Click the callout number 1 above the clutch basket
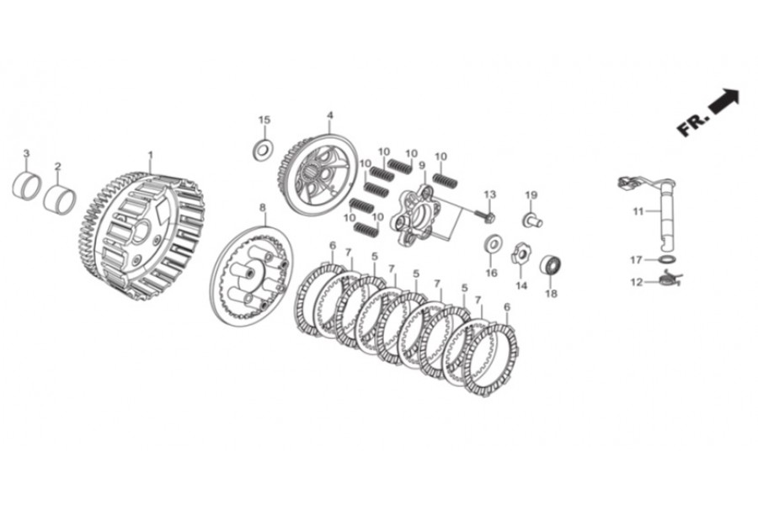coord(151,155)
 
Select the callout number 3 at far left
coord(26,153)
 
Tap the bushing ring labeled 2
coord(60,200)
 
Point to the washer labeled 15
coord(263,150)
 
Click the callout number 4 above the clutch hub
coord(330,115)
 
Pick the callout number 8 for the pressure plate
coord(262,206)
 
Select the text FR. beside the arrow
coord(692,124)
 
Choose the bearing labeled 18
coord(552,264)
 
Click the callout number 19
coord(531,195)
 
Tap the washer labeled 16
coord(491,245)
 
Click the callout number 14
coord(520,285)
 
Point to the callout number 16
coord(491,272)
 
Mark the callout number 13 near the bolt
coord(489,194)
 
